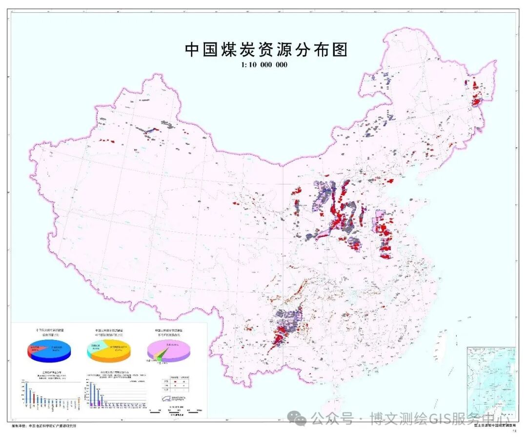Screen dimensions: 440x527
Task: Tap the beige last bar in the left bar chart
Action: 78,404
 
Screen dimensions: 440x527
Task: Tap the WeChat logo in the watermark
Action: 297,419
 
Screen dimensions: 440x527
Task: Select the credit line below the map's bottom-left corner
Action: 44,426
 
